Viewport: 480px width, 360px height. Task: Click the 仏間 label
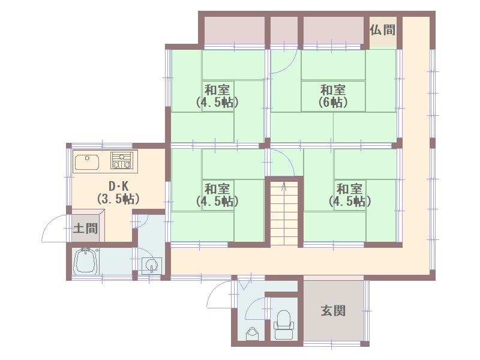coord(383,30)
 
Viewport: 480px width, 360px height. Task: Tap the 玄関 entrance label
coord(334,311)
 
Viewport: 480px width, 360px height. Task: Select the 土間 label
coord(85,228)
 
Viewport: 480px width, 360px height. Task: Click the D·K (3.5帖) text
coord(118,193)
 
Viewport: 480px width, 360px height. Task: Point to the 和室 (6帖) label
coord(333,96)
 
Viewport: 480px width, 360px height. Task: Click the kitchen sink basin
coord(87,161)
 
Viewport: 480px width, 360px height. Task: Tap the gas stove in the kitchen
coord(122,161)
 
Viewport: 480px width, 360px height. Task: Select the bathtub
coord(86,261)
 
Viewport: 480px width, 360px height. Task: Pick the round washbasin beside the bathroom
coord(152,264)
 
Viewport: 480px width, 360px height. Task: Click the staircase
coord(284,214)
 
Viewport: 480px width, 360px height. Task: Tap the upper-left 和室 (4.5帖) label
coord(217,96)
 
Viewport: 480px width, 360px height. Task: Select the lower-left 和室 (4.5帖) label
coord(217,194)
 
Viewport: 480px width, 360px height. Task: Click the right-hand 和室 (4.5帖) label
coord(350,194)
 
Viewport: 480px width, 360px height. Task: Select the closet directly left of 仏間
coord(333,31)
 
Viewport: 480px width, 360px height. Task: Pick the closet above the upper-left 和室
coord(234,31)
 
